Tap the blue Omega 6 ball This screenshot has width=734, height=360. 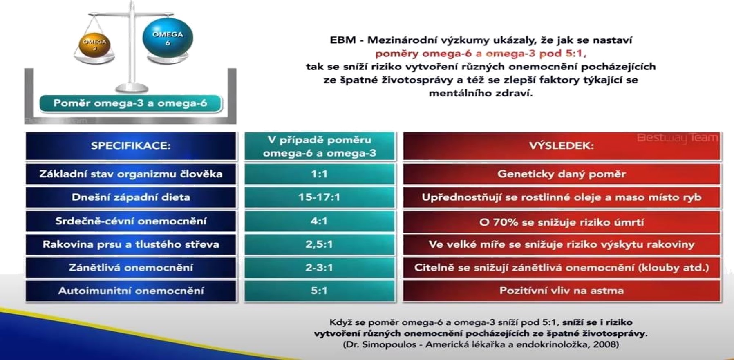168,38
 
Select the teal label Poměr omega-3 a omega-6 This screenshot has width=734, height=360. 131,103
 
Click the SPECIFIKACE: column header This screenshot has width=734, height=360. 131,146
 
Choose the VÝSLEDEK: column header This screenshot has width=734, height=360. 562,146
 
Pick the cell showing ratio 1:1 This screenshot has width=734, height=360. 320,174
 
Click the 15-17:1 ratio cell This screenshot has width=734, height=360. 320,197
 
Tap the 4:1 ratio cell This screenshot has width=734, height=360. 320,221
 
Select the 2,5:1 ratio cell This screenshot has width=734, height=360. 320,244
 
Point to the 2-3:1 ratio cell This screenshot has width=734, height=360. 320,268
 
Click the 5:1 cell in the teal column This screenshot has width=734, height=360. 320,291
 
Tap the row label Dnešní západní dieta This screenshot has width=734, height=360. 131,197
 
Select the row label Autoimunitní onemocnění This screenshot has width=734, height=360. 131,291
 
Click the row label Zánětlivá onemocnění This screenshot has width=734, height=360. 131,268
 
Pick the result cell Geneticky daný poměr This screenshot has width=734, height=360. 562,174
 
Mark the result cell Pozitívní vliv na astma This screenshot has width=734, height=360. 562,291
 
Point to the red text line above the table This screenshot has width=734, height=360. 481,54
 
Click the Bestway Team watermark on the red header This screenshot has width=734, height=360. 677,138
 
